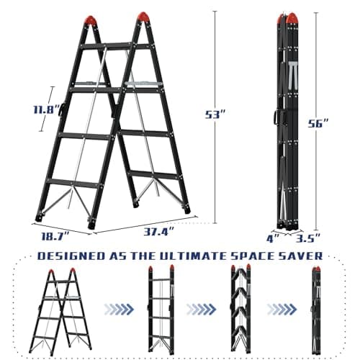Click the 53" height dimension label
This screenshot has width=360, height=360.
pos(215,114)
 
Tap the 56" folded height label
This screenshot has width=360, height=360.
pos(318,124)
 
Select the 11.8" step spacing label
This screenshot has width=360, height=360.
pos(47,109)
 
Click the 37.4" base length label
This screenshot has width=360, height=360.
pos(158,232)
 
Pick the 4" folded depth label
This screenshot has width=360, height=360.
pos(273,238)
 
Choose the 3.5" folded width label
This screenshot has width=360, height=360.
pos(308,238)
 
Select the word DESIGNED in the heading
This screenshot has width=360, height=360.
pos(71,256)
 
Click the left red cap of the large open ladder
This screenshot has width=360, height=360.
pos(91,20)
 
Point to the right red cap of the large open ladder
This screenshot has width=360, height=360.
pos(143,17)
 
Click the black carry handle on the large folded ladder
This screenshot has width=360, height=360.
pos(276,117)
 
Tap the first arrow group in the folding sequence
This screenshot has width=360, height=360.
pos(119,309)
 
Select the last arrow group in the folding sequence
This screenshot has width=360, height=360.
pos(282,309)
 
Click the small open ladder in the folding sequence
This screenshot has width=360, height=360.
pos(62,312)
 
